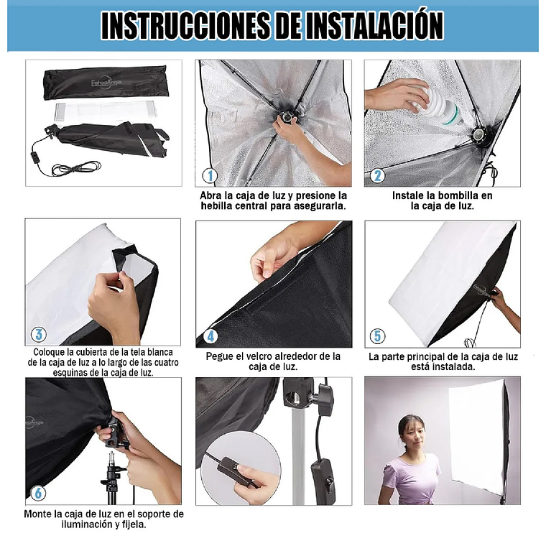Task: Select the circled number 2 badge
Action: pyautogui.click(x=378, y=175)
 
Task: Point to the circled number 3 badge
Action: pyautogui.click(x=39, y=334)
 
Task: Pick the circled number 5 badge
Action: pyautogui.click(x=377, y=336)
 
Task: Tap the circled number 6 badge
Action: pyautogui.click(x=39, y=493)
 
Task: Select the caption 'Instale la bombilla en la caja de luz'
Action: pyautogui.click(x=442, y=200)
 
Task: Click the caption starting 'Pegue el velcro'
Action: pyautogui.click(x=273, y=361)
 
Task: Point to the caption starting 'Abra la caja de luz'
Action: pyautogui.click(x=273, y=200)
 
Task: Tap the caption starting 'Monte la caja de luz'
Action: pyautogui.click(x=103, y=519)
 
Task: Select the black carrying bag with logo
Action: pyautogui.click(x=105, y=83)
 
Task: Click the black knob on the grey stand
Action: pyautogui.click(x=324, y=395)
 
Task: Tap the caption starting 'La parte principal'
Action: pyautogui.click(x=442, y=361)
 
